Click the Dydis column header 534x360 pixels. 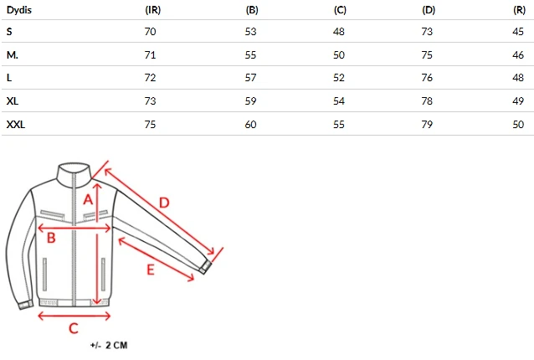(19, 10)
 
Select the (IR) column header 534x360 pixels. (153, 10)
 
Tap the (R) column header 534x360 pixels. (520, 10)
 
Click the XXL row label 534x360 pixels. (16, 124)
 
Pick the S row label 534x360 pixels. (9, 32)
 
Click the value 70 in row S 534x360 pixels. (150, 32)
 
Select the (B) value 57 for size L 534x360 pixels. (250, 78)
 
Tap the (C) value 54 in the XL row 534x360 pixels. (339, 101)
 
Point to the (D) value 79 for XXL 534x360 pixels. (427, 124)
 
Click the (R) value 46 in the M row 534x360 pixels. (518, 54)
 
